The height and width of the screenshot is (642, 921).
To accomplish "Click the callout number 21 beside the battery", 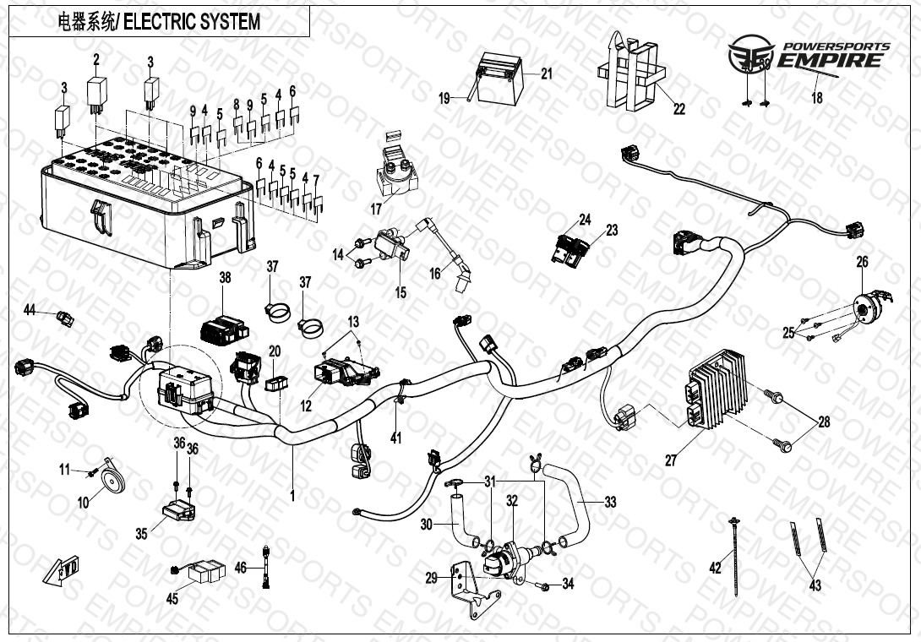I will pyautogui.click(x=547, y=73).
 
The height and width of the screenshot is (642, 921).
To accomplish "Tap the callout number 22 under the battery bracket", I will pyautogui.click(x=678, y=108).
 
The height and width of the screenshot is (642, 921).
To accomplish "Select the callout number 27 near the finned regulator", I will pyautogui.click(x=670, y=460).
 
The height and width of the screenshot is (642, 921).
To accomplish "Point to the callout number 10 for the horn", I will pyautogui.click(x=83, y=503).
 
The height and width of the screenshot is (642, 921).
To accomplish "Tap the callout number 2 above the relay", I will pyautogui.click(x=96, y=59).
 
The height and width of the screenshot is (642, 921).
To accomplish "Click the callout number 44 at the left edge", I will pyautogui.click(x=30, y=311).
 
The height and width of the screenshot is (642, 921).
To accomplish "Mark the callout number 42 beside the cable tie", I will pyautogui.click(x=716, y=568).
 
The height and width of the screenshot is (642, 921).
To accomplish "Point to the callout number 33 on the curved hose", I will pyautogui.click(x=610, y=503).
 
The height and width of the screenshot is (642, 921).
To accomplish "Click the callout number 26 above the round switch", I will pyautogui.click(x=862, y=263).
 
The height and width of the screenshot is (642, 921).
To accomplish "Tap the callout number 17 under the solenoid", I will pyautogui.click(x=376, y=209).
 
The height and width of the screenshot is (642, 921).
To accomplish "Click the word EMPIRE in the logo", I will pyautogui.click(x=832, y=60).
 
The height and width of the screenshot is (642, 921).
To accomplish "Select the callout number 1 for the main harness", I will pyautogui.click(x=292, y=497).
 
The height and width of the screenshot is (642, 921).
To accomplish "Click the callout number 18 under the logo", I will pyautogui.click(x=816, y=98).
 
